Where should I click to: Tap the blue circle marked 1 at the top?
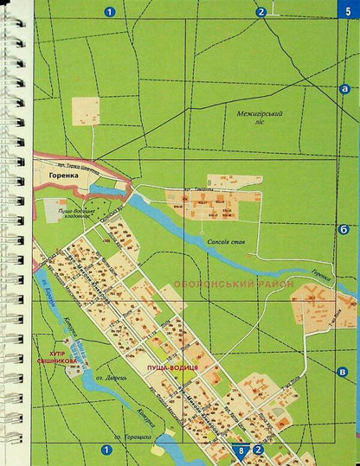[108, 11]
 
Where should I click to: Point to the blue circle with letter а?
[344, 88]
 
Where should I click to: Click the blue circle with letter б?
[344, 228]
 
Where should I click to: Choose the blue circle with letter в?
[344, 371]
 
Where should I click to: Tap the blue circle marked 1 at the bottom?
[106, 449]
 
